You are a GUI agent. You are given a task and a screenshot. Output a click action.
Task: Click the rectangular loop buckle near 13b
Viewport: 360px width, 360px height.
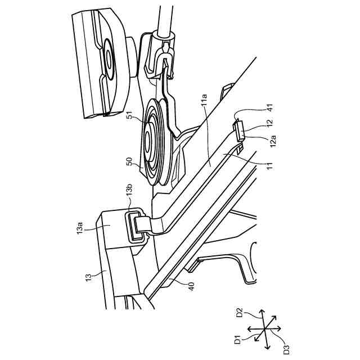pyautogui.click(x=135, y=227)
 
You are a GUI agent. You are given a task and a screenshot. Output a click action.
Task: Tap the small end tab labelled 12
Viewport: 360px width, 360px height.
pyautogui.click(x=238, y=130)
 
